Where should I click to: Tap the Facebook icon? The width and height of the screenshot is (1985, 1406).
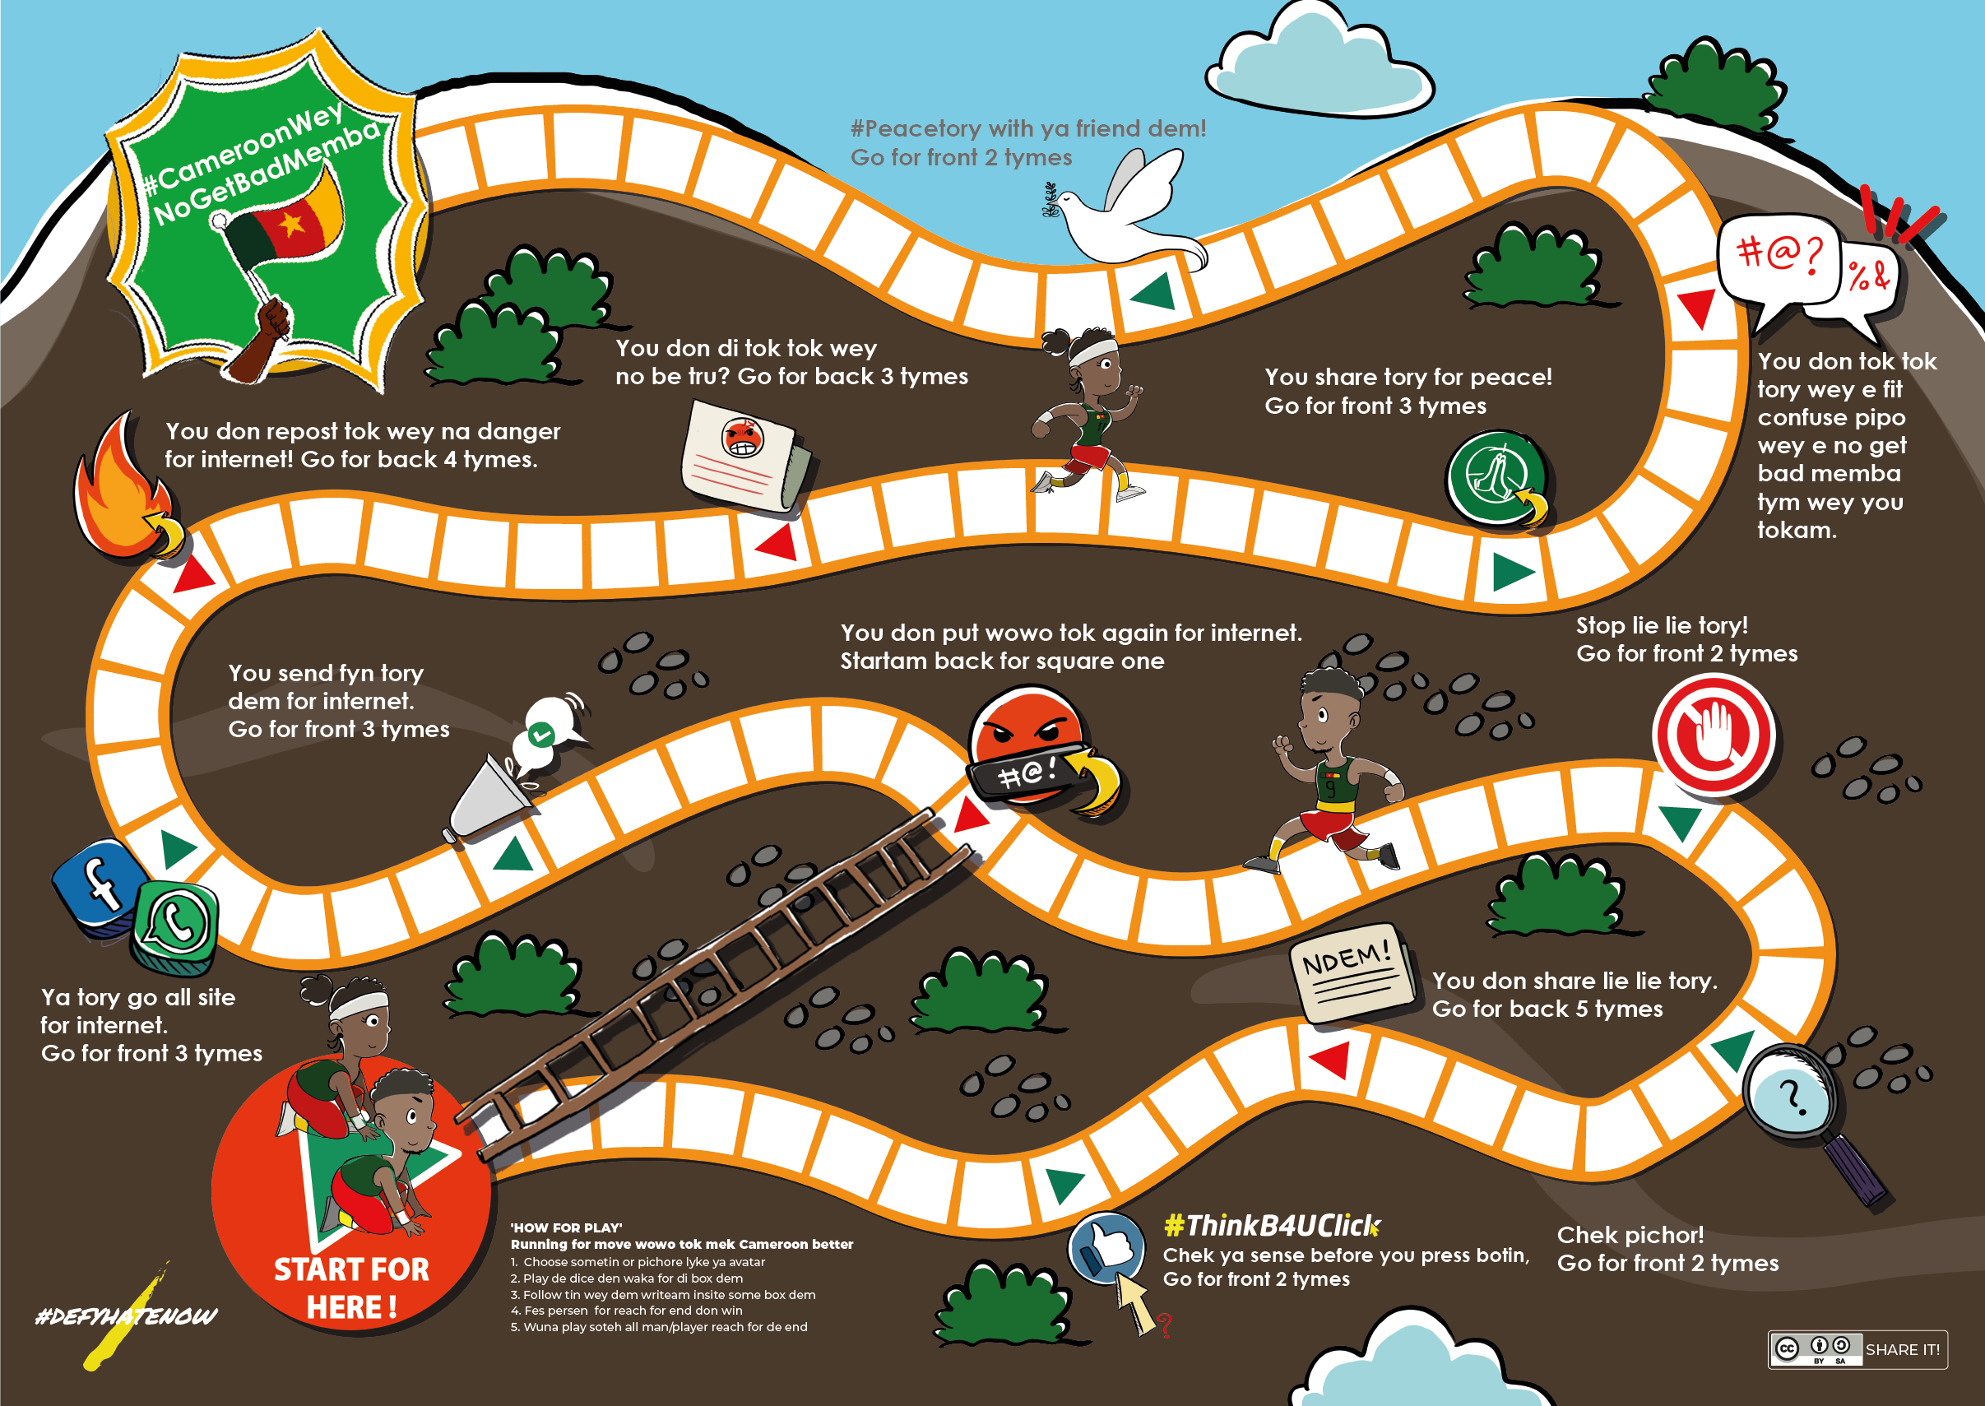pos(97,887)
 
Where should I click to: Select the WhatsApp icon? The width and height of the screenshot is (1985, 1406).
pos(175,926)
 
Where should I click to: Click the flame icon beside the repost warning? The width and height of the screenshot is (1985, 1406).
pos(127,490)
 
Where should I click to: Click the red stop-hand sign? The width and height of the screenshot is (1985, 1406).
pos(1714,734)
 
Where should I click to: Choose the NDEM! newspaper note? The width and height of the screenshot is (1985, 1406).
pos(1352,972)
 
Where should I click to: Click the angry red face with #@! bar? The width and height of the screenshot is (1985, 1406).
pos(1039,749)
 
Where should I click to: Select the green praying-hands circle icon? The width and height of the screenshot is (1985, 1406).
pos(1498,479)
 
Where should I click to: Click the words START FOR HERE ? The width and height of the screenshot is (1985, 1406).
pos(351,1288)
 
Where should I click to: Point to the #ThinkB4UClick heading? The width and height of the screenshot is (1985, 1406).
pos(1272,1225)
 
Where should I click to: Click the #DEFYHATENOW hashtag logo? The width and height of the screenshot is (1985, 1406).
pos(127,1317)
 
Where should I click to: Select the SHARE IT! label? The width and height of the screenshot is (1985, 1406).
pos(1902,1350)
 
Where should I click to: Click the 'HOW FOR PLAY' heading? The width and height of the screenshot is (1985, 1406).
pos(566,1227)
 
